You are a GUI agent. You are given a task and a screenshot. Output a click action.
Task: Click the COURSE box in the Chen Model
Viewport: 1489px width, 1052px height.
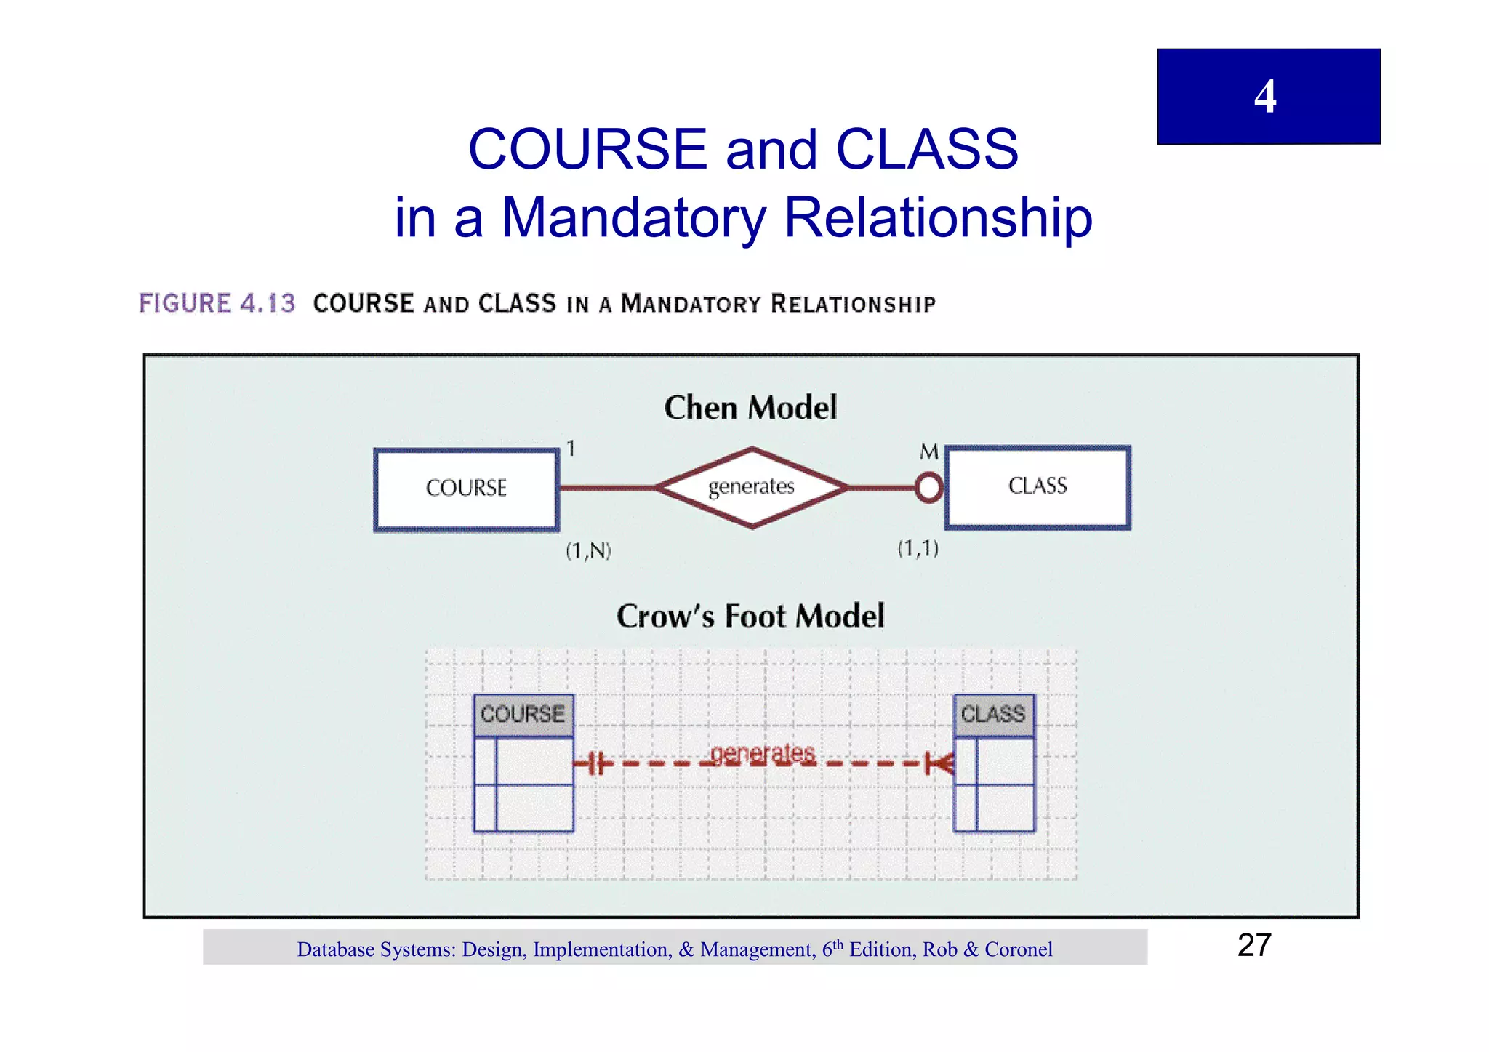click(x=466, y=489)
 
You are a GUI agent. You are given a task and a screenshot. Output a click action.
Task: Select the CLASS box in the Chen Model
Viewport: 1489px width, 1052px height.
click(x=1038, y=486)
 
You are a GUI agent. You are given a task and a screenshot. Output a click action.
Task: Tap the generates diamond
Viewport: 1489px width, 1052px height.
click(x=752, y=486)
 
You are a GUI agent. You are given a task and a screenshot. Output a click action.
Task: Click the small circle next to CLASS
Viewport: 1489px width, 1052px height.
click(x=928, y=487)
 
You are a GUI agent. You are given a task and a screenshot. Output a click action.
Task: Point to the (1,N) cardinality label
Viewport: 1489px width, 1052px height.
click(x=588, y=550)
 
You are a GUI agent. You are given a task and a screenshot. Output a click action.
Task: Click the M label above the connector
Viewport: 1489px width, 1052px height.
click(x=928, y=452)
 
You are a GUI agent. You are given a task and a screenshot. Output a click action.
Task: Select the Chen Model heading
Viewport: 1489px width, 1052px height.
click(x=750, y=408)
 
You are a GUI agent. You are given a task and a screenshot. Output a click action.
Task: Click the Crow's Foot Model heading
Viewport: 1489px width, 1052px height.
click(x=750, y=617)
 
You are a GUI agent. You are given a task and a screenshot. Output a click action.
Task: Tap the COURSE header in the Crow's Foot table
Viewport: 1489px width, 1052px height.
click(x=523, y=715)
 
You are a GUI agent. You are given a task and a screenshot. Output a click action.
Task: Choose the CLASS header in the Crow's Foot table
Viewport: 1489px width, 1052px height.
click(x=993, y=715)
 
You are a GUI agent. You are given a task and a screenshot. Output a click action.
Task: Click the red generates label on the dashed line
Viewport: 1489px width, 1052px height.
click(x=763, y=754)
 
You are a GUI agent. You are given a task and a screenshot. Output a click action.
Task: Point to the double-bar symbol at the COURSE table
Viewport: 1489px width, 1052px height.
click(x=595, y=763)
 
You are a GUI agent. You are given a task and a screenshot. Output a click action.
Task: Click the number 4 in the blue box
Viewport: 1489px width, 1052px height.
click(x=1265, y=96)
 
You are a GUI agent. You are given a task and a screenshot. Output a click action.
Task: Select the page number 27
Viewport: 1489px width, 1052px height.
click(x=1254, y=946)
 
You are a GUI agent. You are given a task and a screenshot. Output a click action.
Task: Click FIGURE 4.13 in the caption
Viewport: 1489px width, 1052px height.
click(x=217, y=303)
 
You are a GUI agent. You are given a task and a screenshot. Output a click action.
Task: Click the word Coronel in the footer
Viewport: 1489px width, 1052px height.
click(x=1018, y=949)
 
